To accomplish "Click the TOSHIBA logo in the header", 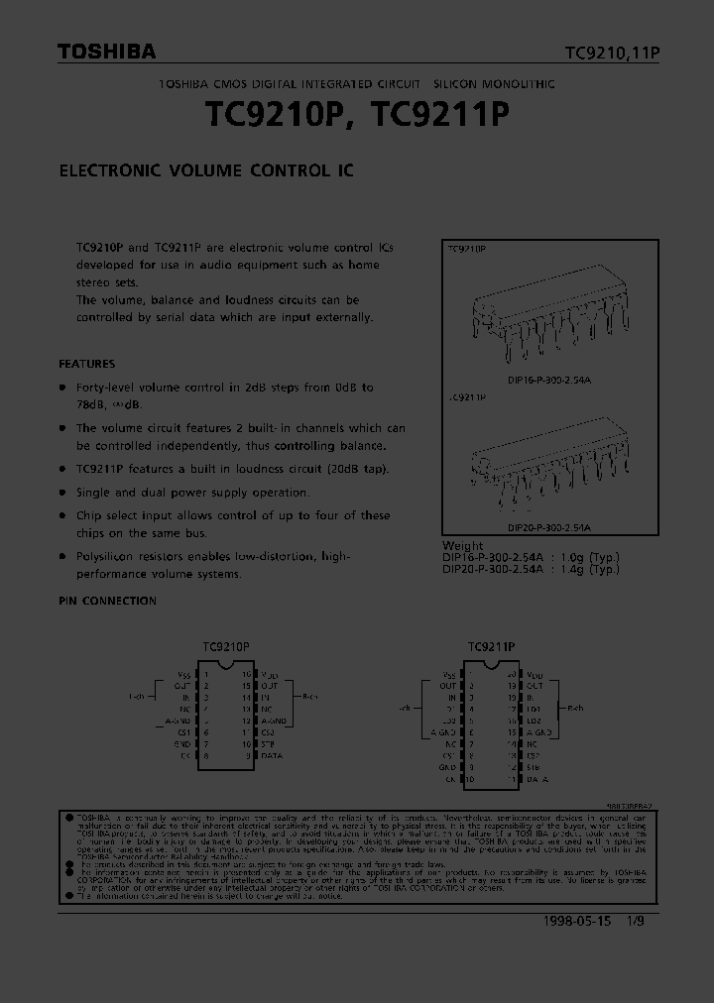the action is pos(105,53).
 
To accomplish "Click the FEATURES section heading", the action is pos(87,364).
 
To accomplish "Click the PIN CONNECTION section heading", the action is pos(107,601).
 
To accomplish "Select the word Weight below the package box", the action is pos(463,545).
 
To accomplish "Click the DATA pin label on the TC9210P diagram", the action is pos(272,755).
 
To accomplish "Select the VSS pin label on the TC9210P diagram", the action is pos(184,674).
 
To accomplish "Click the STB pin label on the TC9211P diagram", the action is pos(533,766).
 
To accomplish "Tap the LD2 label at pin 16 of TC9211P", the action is pos(534,721).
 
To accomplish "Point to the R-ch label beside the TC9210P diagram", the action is pos(309,697).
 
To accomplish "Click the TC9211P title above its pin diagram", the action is pos(491,647).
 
